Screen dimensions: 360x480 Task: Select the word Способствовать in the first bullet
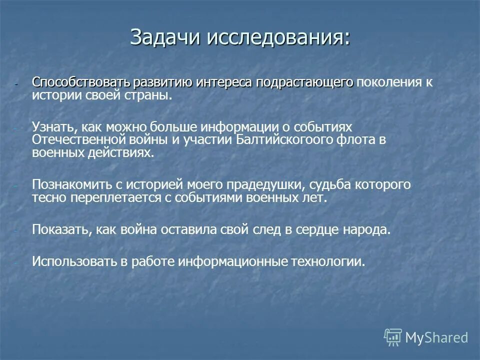[81, 82]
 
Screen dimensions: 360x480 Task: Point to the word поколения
[389, 82]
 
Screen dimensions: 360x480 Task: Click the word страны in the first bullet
[156, 95]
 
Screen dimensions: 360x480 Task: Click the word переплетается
[112, 197]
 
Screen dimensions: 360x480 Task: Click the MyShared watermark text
[436, 337]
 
